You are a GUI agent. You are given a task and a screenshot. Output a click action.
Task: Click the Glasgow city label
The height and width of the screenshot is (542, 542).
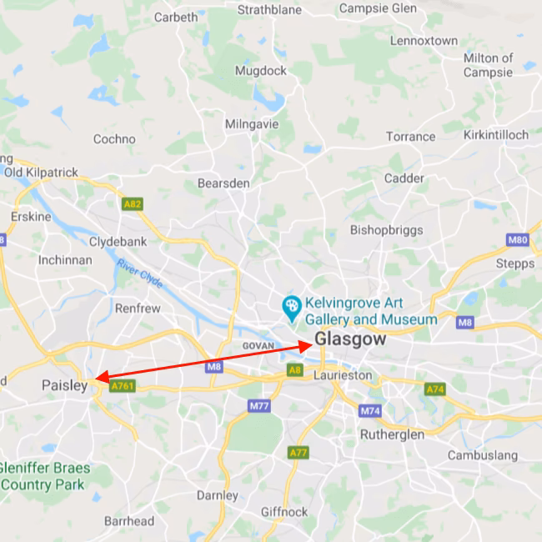[x=350, y=339]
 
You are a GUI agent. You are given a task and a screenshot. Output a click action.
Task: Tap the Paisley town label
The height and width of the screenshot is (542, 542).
[x=64, y=385]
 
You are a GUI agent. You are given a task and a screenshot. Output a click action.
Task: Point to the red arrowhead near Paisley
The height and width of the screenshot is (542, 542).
[x=98, y=378]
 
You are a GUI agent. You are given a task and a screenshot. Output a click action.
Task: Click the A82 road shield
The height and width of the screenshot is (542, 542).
[x=132, y=203]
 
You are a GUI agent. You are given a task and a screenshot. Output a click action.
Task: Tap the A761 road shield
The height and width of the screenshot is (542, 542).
[x=122, y=386]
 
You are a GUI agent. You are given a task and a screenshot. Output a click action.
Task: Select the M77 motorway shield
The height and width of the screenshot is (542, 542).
[x=259, y=406]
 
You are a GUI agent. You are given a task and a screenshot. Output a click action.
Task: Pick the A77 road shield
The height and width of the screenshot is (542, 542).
[x=298, y=452]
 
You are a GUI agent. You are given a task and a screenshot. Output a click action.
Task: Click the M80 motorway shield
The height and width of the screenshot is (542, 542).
[x=517, y=240]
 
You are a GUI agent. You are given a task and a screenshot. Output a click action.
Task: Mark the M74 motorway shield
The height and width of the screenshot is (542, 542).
[x=370, y=411]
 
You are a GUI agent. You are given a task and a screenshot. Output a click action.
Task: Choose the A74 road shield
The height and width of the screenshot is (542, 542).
[x=435, y=389]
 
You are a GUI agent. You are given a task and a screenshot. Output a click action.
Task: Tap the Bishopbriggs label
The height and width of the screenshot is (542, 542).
[x=386, y=229]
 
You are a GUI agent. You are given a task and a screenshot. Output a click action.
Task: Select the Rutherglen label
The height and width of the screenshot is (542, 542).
[x=392, y=434]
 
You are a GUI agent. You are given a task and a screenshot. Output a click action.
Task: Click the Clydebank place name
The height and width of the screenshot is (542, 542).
[x=118, y=242]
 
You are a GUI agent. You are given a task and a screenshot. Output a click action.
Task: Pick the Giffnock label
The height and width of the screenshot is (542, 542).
[x=284, y=511]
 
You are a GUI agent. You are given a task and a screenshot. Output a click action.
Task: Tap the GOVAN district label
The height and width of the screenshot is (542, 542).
[x=258, y=345]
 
